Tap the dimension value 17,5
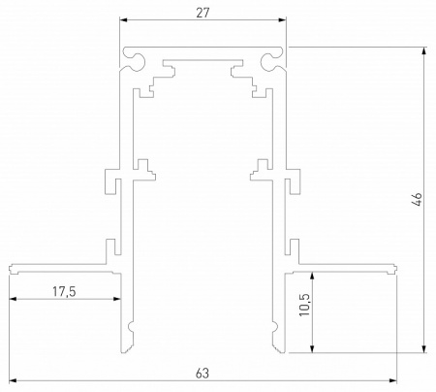pyautogui.click(x=63, y=289)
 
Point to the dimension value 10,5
pyautogui.click(x=303, y=307)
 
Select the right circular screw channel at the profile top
pyautogui.click(x=272, y=63)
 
